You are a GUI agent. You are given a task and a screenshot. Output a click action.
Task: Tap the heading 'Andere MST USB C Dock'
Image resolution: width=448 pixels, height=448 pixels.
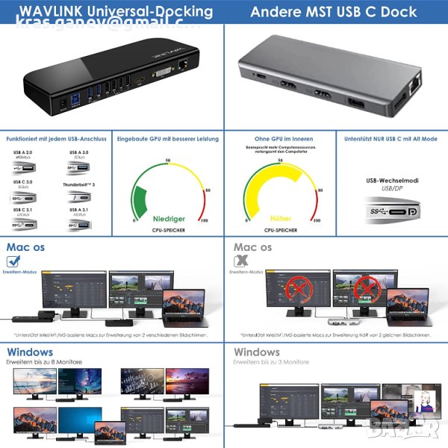335,12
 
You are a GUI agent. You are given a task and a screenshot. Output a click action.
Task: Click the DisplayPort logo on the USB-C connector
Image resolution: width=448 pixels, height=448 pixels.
414,213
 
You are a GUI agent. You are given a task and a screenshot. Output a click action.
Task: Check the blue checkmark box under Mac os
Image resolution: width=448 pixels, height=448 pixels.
13,261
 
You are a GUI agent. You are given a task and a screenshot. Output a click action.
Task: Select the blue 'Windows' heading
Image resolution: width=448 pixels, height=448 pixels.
30,352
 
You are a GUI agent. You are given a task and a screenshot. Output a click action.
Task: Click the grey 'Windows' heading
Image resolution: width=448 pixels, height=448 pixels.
258,352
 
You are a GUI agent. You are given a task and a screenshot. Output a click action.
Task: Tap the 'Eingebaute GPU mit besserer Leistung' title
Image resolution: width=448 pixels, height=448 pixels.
167,139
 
